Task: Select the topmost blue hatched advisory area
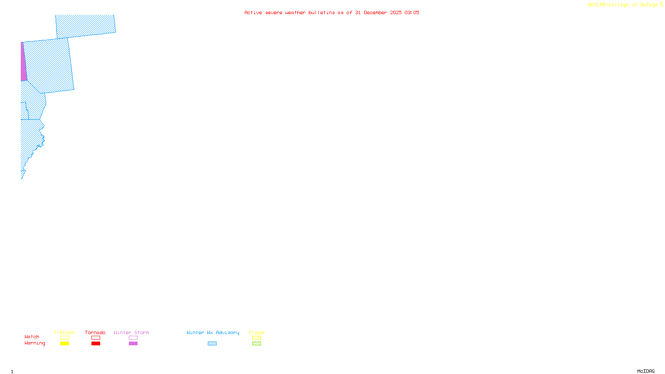[86, 26]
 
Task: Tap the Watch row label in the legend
[32, 337]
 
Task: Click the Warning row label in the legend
[34, 343]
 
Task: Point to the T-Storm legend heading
[64, 332]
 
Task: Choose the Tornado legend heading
[95, 332]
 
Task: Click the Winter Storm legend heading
[131, 332]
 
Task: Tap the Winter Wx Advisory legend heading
[213, 332]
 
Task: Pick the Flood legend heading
[256, 332]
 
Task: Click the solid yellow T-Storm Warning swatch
[64, 344]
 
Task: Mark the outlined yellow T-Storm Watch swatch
[64, 338]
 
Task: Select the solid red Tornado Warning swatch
[96, 344]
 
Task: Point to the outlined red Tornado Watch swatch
[96, 338]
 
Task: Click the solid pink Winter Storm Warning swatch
[133, 344]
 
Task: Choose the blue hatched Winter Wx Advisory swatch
[212, 344]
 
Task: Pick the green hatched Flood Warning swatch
[256, 344]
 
